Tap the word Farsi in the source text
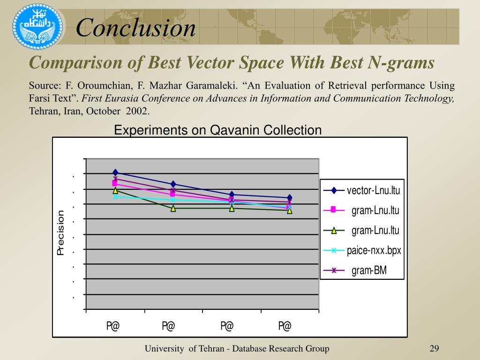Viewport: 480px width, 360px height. [x=39, y=99]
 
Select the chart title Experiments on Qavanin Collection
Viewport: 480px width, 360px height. [x=218, y=130]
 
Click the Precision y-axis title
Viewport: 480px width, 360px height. [x=60, y=233]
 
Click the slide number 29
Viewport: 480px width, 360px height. [x=434, y=348]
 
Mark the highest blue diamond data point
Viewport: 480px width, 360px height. [x=115, y=173]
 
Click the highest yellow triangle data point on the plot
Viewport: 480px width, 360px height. [x=115, y=190]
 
